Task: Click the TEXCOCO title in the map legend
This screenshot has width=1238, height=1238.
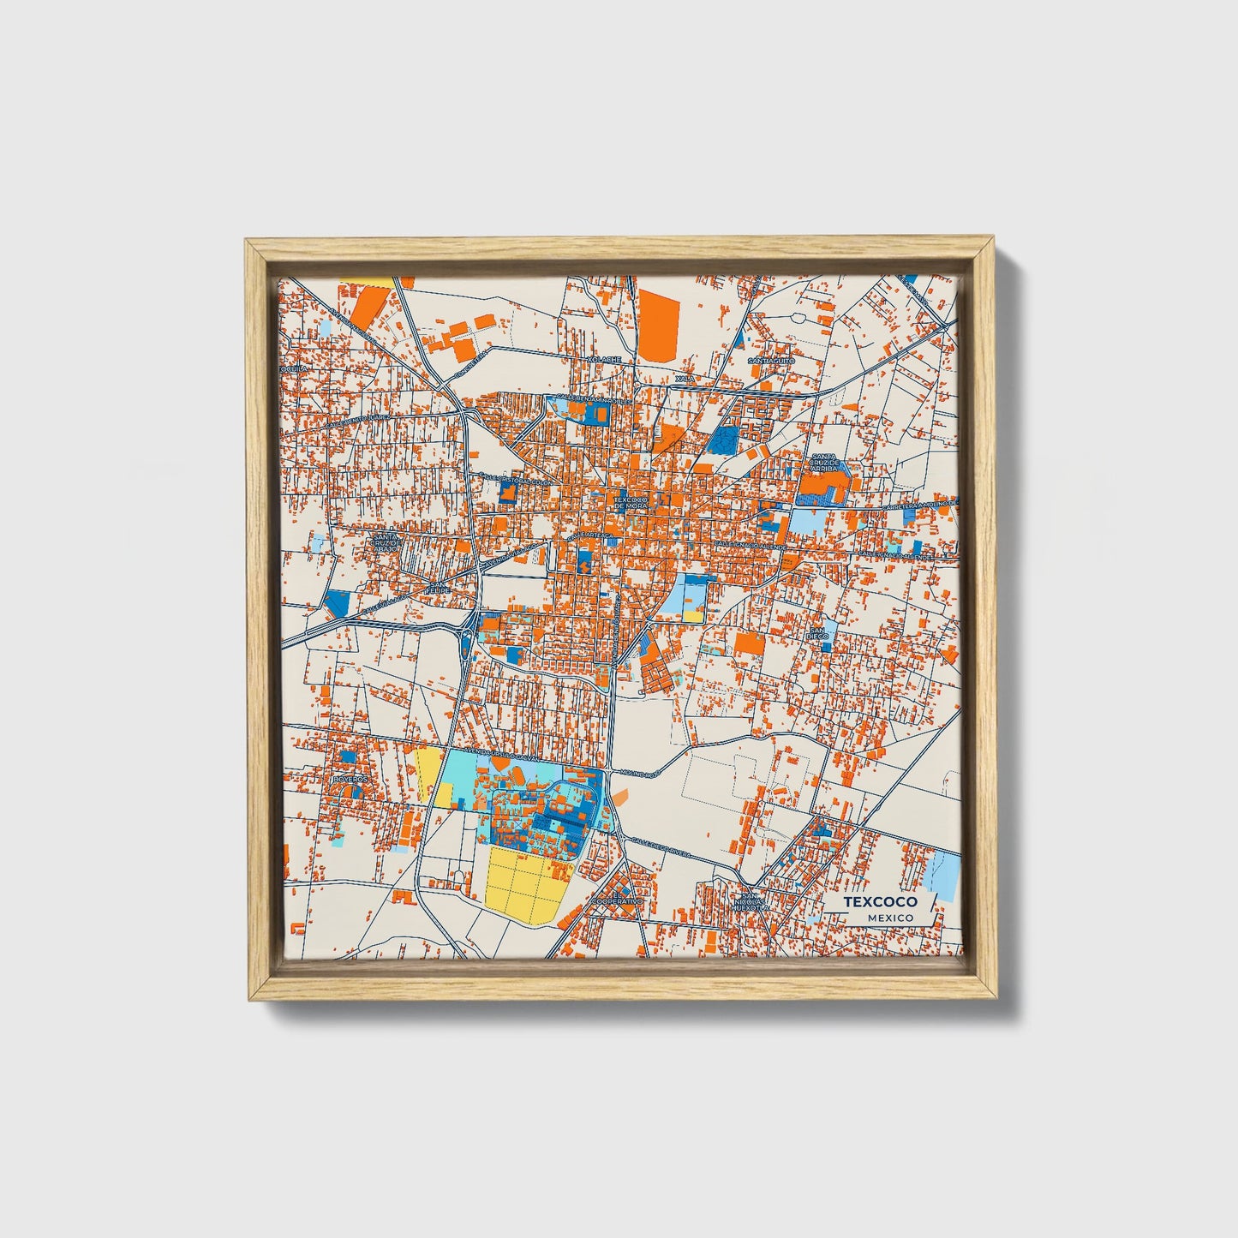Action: click(880, 902)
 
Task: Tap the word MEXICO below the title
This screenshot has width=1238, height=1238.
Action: click(889, 918)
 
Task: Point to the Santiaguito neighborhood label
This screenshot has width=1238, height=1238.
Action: click(771, 362)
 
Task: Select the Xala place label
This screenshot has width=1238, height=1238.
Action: click(683, 378)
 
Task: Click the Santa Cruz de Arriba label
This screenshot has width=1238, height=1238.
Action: click(823, 464)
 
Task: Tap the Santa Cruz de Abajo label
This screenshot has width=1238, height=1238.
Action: click(383, 543)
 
